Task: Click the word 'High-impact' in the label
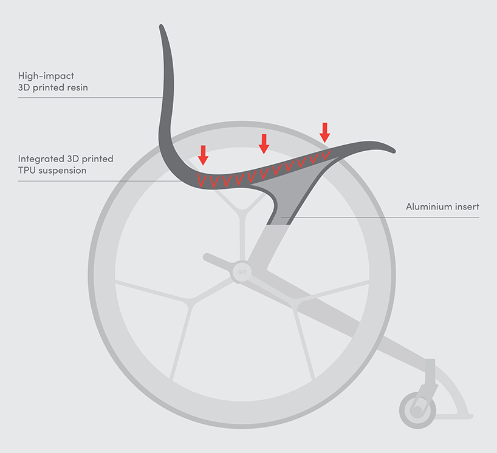46,76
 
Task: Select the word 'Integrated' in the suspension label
41,158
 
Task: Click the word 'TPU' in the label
27,171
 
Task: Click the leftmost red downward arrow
203,155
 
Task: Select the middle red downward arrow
264,144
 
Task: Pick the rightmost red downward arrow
325,132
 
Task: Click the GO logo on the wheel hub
242,272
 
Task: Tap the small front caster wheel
417,410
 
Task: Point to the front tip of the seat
394,151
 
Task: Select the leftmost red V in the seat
202,180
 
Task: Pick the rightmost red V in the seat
326,155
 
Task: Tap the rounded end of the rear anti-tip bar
207,257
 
